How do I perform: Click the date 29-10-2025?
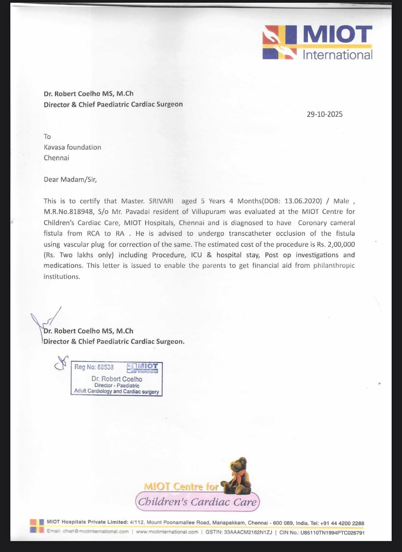pyautogui.click(x=325, y=115)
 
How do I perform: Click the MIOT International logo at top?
pyautogui.click(x=317, y=42)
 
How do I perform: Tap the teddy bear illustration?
pyautogui.click(x=238, y=476)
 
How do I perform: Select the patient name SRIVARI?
pyautogui.click(x=161, y=201)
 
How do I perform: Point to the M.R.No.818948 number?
pyautogui.click(x=69, y=212)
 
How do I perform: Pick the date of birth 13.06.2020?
pyautogui.click(x=303, y=201)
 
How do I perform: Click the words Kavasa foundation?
pyautogui.click(x=72, y=147)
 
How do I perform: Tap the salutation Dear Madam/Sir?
pyautogui.click(x=70, y=179)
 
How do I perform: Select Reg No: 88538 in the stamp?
pyautogui.click(x=94, y=367)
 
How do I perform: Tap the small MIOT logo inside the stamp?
pyautogui.click(x=143, y=368)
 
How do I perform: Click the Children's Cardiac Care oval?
pyautogui.click(x=197, y=502)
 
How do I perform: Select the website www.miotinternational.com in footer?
pyautogui.click(x=167, y=532)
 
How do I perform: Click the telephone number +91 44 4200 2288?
pyautogui.click(x=342, y=523)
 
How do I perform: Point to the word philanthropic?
pyautogui.click(x=334, y=266)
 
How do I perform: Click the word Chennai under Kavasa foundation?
pyautogui.click(x=56, y=158)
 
